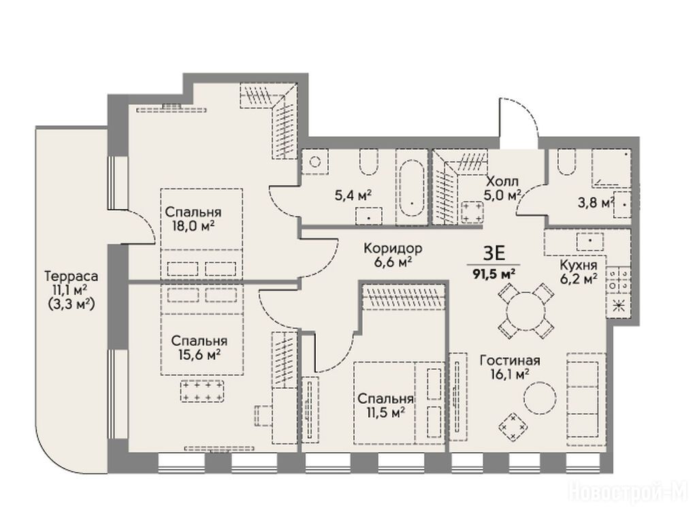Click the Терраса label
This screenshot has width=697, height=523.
71,276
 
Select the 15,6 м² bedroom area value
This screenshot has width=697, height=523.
200,355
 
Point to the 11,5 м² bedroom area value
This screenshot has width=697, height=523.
385,413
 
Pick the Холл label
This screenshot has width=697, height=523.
502,181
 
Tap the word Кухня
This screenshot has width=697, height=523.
578,266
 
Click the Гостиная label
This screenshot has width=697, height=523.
510,360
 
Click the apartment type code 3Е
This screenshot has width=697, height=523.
494,253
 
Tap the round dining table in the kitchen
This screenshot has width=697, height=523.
526,310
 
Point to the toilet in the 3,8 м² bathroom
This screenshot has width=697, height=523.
565,161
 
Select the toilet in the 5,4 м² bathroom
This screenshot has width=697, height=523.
368,161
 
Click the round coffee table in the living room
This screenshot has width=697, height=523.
540,398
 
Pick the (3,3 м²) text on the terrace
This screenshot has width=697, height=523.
71,304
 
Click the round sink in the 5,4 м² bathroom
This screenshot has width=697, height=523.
315,162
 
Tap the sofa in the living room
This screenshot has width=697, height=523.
586,399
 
